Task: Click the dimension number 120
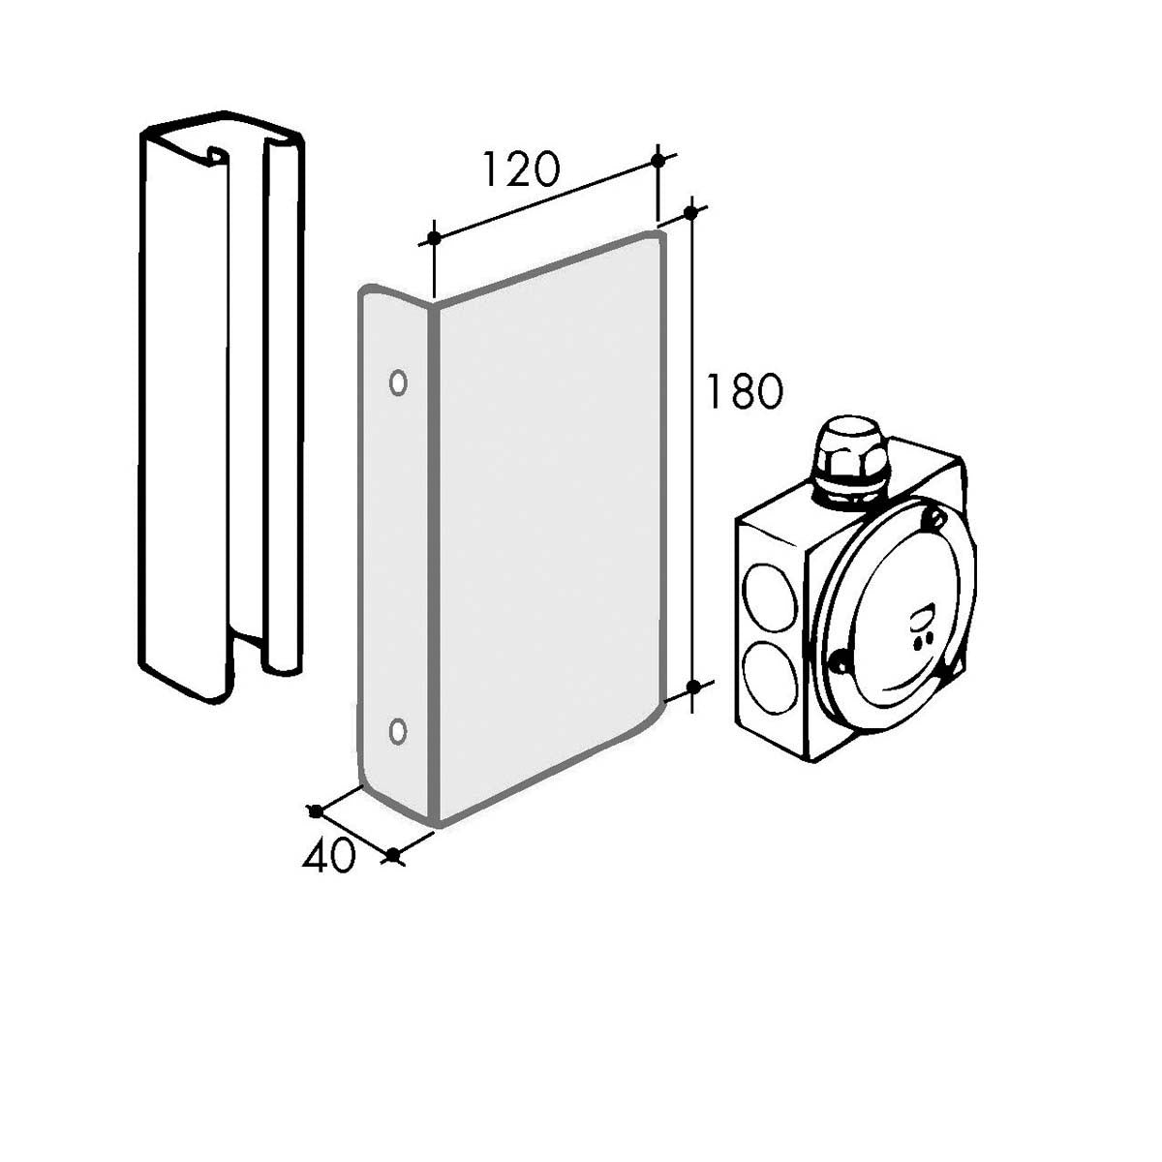point(522,169)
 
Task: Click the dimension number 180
point(745,391)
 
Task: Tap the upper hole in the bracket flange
point(398,382)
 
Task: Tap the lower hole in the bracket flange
point(397,731)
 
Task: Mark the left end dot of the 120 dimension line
point(434,238)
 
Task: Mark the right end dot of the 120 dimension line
point(658,161)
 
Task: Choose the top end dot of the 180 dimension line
point(691,212)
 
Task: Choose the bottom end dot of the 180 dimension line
point(694,687)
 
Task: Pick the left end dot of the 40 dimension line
point(315,811)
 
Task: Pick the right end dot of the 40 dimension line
point(393,854)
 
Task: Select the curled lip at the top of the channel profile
point(218,155)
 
